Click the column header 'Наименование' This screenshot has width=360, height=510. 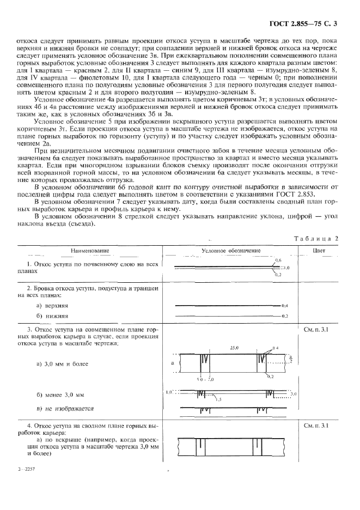pyautogui.click(x=90, y=251)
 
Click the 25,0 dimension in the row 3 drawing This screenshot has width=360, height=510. pyautogui.click(x=235, y=347)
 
